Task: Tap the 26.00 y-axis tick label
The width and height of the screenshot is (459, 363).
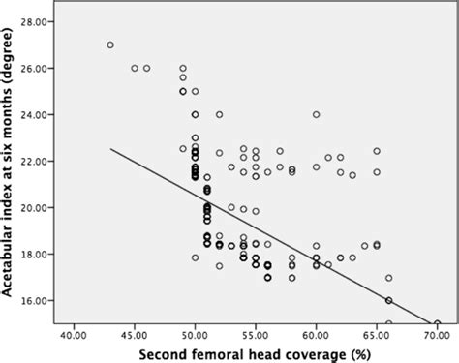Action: point(40,68)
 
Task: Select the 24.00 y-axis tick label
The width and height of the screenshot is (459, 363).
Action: point(40,114)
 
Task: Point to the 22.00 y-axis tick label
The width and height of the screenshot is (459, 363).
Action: point(40,161)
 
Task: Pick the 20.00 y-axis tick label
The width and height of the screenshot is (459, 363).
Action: point(40,207)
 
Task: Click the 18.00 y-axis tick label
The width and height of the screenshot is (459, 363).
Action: point(40,254)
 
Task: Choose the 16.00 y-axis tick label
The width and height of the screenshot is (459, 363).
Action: point(40,300)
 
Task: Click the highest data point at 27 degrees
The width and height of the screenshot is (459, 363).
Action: point(110,45)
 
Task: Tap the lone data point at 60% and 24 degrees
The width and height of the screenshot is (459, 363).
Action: point(316,114)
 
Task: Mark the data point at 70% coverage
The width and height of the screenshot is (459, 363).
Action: point(437,323)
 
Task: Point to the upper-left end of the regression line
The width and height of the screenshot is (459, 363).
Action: point(110,149)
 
